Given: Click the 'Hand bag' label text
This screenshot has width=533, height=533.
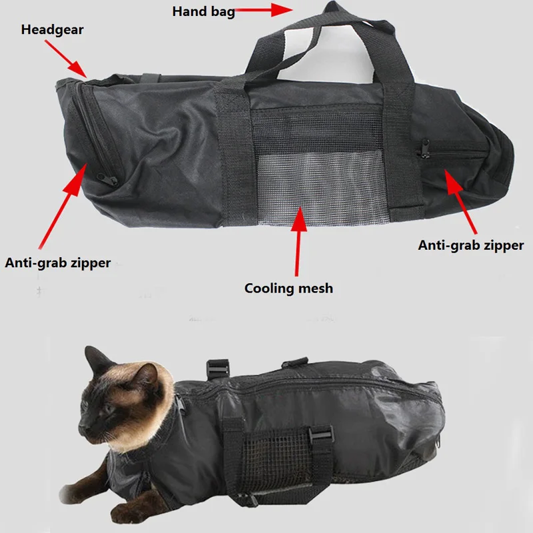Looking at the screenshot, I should [x=203, y=11].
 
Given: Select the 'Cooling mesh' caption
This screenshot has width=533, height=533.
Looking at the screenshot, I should [x=288, y=288].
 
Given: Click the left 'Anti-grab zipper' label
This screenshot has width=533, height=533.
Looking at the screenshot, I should [x=58, y=263].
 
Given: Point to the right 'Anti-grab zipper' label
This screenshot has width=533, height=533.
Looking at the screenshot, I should [x=471, y=245].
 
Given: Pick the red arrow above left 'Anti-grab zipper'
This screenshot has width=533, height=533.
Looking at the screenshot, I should [x=63, y=207].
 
